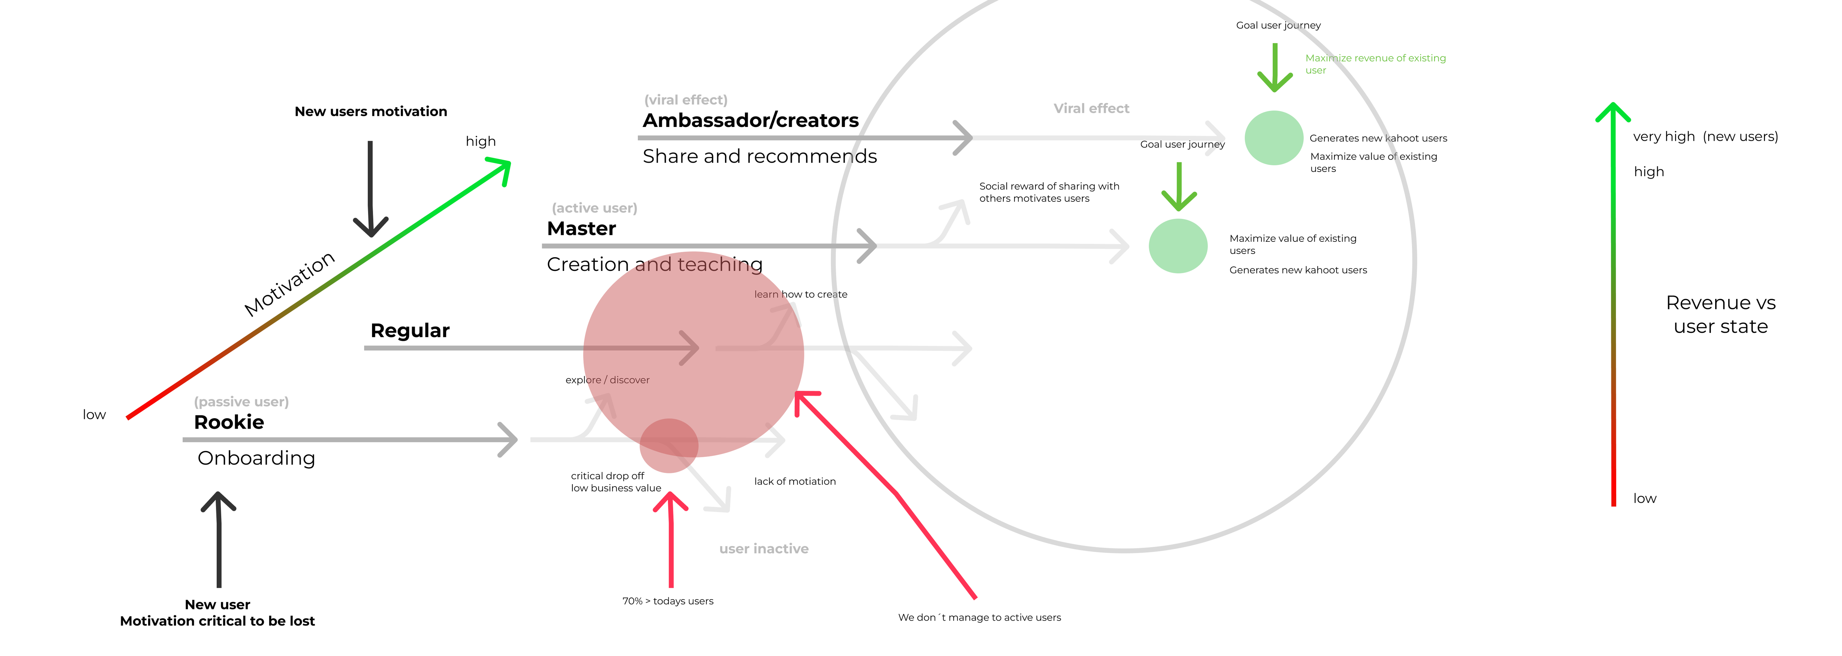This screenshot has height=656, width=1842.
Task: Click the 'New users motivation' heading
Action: coord(370,112)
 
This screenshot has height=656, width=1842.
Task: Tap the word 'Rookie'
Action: coord(229,422)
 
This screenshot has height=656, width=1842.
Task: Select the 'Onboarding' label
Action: coord(256,458)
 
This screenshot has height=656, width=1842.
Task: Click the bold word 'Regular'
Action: coord(410,331)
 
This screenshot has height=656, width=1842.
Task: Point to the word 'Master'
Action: coord(581,229)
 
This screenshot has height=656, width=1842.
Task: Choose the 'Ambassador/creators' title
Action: coord(750,120)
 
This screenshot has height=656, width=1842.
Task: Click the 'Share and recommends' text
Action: coord(759,156)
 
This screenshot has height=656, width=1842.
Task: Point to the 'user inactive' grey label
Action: coord(764,549)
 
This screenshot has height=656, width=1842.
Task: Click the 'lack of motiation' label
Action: coord(794,482)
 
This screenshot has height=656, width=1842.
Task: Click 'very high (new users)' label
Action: coord(1705,137)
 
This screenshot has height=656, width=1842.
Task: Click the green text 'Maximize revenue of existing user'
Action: coord(1375,64)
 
